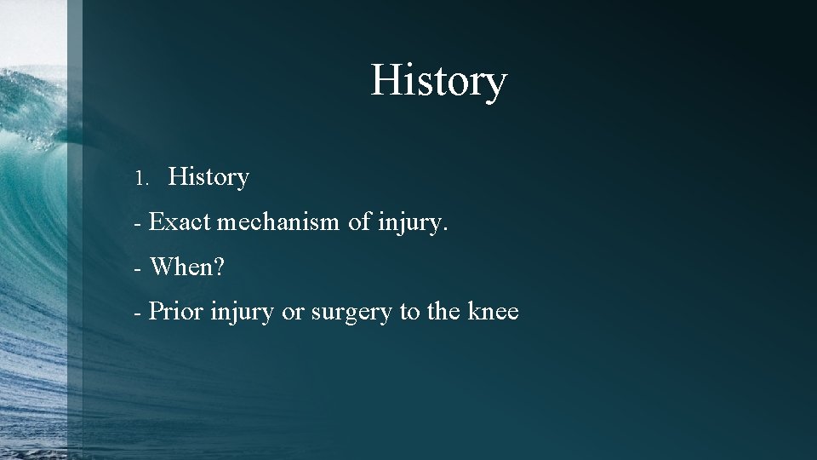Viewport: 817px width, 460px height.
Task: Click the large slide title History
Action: click(x=438, y=82)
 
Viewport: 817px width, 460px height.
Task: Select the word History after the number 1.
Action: click(x=209, y=177)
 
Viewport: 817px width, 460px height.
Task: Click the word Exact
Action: click(x=180, y=222)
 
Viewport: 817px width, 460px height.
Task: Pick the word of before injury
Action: click(x=360, y=222)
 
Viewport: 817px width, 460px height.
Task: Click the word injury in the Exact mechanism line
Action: click(x=410, y=224)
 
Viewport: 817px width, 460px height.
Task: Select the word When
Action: click(x=182, y=267)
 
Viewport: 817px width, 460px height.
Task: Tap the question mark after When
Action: click(x=220, y=267)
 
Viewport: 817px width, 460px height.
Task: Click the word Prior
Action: click(x=176, y=312)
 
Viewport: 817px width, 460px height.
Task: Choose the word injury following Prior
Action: click(x=243, y=313)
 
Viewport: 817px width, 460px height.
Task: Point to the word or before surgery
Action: click(x=293, y=313)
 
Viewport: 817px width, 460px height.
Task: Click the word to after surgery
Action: click(x=410, y=312)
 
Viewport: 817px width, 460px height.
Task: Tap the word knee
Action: click(x=494, y=312)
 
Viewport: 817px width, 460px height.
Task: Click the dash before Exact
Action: click(x=137, y=224)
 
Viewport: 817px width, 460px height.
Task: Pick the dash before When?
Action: click(x=137, y=269)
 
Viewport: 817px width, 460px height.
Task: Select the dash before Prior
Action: click(x=137, y=313)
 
